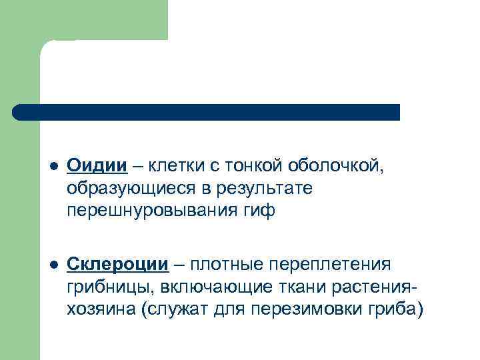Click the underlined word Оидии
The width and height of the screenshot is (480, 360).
[x=97, y=166]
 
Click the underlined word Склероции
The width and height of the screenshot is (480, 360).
[x=117, y=264]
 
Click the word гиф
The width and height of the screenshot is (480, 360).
[x=261, y=212]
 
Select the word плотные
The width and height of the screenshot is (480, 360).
[x=226, y=265]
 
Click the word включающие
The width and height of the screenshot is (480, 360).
[x=198, y=287]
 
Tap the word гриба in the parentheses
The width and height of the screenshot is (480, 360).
[x=397, y=310]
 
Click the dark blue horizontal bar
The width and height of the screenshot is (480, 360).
[x=207, y=111]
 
